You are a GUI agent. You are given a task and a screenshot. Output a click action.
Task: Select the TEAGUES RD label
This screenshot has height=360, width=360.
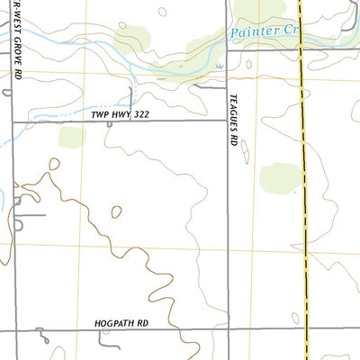232,125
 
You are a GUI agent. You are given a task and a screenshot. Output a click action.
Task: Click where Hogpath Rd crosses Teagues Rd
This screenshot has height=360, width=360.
225,330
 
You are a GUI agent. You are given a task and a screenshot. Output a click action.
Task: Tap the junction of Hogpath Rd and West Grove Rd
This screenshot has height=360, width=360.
13,330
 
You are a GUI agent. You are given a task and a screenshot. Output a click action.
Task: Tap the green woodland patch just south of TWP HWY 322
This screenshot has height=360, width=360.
72,137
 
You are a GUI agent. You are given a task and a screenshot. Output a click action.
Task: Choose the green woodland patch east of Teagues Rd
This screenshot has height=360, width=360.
280,177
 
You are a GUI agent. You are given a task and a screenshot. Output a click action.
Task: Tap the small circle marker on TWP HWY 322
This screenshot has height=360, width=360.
109,124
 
